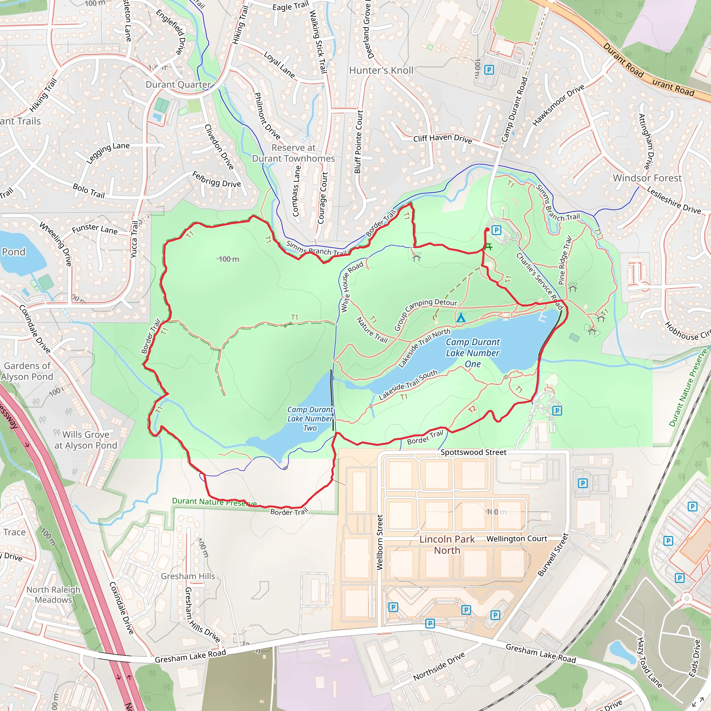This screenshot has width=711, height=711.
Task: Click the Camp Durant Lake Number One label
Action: pyautogui.click(x=472, y=353)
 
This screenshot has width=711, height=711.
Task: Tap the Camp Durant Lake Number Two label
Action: pyautogui.click(x=310, y=419)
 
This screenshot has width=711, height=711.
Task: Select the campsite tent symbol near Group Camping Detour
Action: pyautogui.click(x=461, y=317)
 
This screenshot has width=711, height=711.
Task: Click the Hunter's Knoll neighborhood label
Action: pyautogui.click(x=381, y=70)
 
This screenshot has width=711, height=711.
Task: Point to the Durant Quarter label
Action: pyautogui.click(x=178, y=85)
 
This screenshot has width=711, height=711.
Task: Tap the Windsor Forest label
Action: pyautogui.click(x=647, y=178)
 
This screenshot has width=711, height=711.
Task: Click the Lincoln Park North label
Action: pyautogui.click(x=447, y=545)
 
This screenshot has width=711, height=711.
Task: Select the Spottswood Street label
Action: pyautogui.click(x=473, y=452)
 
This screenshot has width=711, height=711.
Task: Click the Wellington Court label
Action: pyautogui.click(x=517, y=539)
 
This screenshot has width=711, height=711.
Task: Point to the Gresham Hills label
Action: pyautogui.click(x=188, y=576)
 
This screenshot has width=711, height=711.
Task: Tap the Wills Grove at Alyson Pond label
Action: pyautogui.click(x=86, y=440)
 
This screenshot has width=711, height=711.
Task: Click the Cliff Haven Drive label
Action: pyautogui.click(x=442, y=139)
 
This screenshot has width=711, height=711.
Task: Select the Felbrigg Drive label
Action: pyautogui.click(x=217, y=179)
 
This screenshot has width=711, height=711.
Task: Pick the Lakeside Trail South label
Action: pyautogui.click(x=408, y=385)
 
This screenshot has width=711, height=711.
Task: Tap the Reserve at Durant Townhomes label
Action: pyautogui.click(x=293, y=153)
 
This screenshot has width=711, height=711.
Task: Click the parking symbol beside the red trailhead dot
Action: pyautogui.click(x=496, y=231)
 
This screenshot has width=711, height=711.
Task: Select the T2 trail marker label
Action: pyautogui.click(x=472, y=409)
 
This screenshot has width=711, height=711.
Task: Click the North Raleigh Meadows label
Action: pyautogui.click(x=53, y=594)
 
